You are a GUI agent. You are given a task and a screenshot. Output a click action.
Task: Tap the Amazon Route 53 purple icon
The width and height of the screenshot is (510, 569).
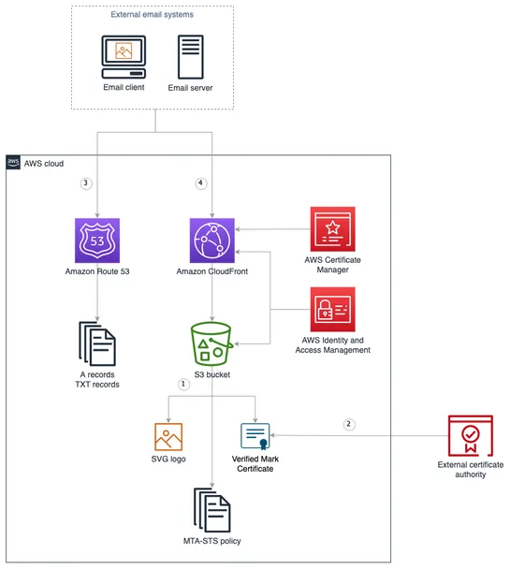click(x=97, y=241)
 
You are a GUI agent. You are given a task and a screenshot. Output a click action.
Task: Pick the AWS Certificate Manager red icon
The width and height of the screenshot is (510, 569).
click(x=332, y=227)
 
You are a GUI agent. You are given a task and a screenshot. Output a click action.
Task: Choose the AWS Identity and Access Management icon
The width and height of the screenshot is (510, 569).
click(x=332, y=309)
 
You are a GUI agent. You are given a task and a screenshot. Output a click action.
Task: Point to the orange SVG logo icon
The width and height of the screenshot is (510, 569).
click(x=168, y=437)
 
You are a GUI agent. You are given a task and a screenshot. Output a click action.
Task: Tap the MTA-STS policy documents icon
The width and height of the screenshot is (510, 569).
click(x=212, y=510)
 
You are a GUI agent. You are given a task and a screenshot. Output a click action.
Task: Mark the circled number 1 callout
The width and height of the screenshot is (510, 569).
click(x=183, y=383)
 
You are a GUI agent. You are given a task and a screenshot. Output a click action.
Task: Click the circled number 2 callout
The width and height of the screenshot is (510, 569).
click(x=349, y=423)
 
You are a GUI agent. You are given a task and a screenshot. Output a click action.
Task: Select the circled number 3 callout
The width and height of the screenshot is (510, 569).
click(x=86, y=183)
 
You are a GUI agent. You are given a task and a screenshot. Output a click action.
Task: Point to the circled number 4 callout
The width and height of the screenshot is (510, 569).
click(x=199, y=183)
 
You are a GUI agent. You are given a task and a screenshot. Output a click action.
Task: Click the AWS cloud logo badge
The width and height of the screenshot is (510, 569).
click(x=13, y=163)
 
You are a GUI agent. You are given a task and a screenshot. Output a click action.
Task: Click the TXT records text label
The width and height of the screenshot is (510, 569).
click(x=97, y=385)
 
